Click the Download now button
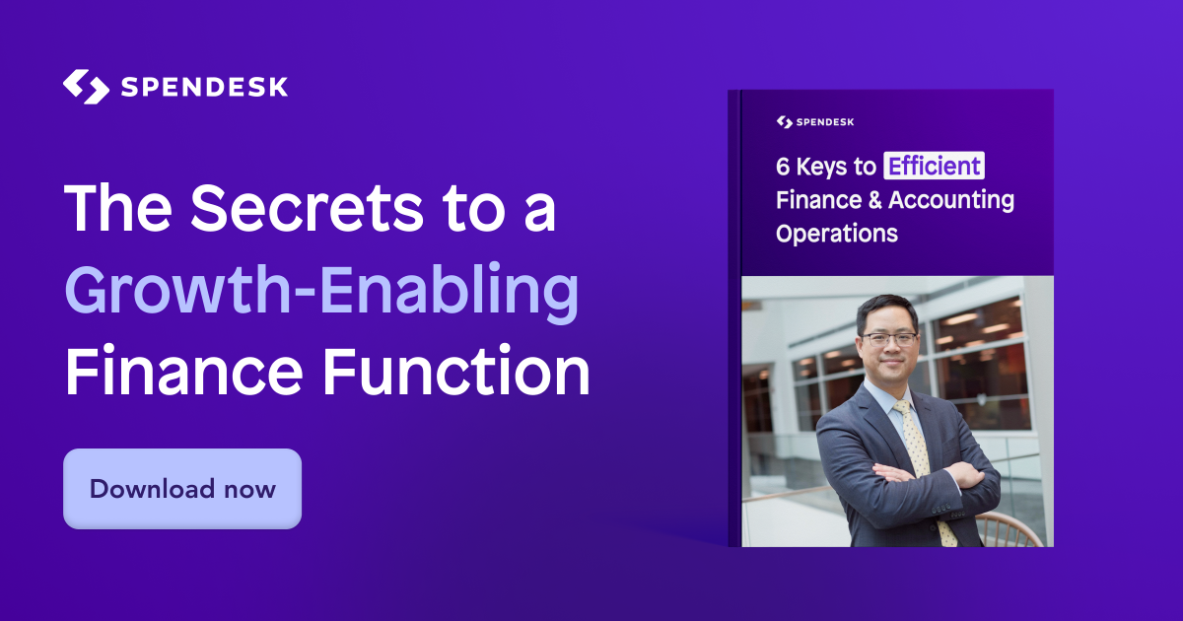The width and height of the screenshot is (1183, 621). (x=182, y=489)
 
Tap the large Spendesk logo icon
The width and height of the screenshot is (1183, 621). (x=86, y=87)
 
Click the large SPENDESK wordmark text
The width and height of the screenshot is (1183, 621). (x=204, y=87)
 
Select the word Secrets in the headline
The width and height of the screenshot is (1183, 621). (x=307, y=208)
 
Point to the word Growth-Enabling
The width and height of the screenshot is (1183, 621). (x=321, y=292)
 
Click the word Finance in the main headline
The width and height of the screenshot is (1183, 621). (x=183, y=371)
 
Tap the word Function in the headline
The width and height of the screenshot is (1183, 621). (x=456, y=371)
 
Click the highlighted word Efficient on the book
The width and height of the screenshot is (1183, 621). (x=934, y=166)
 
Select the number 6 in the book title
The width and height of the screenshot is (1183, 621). (x=783, y=167)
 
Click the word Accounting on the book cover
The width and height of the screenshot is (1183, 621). (x=951, y=201)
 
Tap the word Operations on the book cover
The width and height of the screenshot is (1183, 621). (x=837, y=234)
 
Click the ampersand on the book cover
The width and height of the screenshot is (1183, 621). (x=875, y=200)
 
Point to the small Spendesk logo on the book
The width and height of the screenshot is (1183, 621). (x=815, y=122)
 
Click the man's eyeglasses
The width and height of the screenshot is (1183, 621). (x=889, y=339)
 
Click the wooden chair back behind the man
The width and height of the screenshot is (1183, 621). (x=1009, y=529)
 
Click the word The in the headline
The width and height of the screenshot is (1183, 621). (x=117, y=208)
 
